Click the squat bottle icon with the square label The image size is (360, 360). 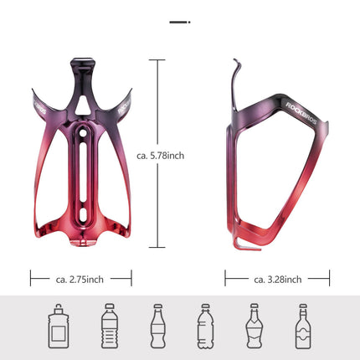click(x=58, y=325)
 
